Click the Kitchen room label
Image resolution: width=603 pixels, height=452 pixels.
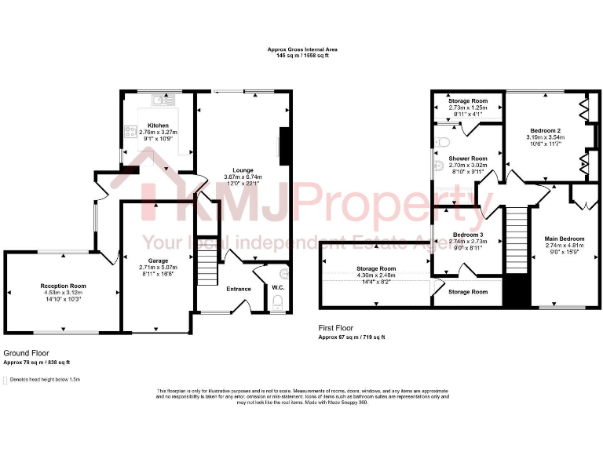pos(158,126)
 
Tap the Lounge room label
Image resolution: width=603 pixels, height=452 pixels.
pos(243,170)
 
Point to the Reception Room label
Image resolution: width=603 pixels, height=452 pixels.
pos(64,286)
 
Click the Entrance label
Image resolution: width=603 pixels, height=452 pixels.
pos(239,289)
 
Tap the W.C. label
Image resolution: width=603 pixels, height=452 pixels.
pos(277,288)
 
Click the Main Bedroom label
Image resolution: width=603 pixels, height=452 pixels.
pos(565,238)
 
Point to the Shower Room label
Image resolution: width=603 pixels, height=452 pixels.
pos(468,159)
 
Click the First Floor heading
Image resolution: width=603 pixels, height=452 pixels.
pos(336,327)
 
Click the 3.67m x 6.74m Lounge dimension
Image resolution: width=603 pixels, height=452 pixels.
pos(243,177)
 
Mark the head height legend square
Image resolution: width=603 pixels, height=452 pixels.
pos(6,380)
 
